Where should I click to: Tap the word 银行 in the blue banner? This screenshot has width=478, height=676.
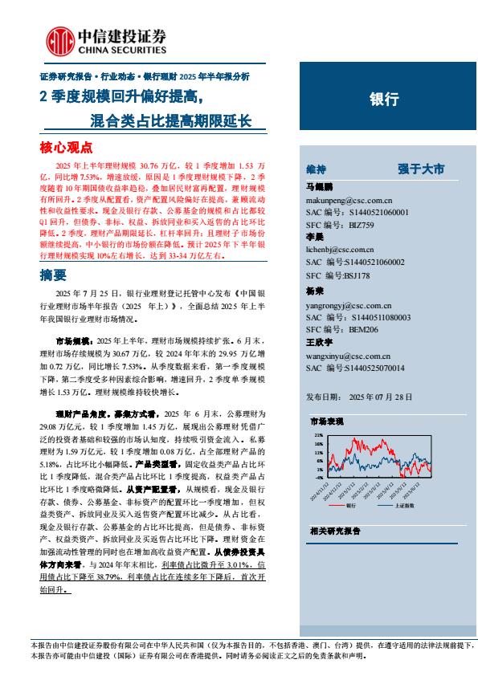click(x=383, y=100)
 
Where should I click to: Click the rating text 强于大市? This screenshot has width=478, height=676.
click(x=420, y=169)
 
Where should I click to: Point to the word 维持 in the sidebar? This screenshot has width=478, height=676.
click(x=317, y=169)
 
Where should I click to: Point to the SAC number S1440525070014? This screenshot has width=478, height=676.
click(x=370, y=369)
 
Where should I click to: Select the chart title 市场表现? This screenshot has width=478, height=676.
click(x=326, y=420)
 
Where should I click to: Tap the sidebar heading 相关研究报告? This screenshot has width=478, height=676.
click(x=335, y=531)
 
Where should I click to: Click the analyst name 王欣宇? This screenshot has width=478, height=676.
click(x=320, y=344)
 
